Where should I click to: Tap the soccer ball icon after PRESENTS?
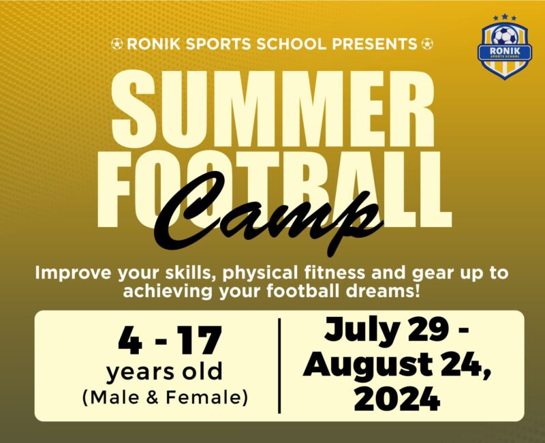click(x=427, y=44)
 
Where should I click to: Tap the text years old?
click(x=164, y=372)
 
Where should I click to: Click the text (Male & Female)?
click(x=164, y=397)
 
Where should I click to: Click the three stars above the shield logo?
click(x=505, y=18)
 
